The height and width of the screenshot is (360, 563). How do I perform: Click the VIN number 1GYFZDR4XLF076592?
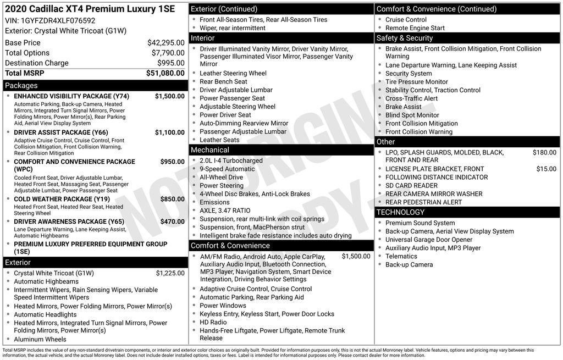point(58,20)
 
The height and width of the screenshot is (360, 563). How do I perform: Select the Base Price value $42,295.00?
point(165,43)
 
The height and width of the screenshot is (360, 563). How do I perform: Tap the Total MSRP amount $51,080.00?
point(165,73)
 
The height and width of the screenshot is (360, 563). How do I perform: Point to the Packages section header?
point(21,86)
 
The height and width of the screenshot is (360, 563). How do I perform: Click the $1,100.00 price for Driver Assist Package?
point(169,132)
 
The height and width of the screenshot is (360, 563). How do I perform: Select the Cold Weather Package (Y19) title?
point(62,199)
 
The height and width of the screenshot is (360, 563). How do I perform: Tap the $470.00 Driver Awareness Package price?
point(172,221)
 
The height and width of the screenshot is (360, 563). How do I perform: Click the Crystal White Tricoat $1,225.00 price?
point(170,273)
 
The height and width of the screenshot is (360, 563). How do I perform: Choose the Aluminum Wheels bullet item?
point(40,339)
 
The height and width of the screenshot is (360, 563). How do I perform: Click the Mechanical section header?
point(209,150)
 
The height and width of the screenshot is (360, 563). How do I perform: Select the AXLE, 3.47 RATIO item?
point(224,211)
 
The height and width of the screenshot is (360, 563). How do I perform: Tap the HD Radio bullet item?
point(213,322)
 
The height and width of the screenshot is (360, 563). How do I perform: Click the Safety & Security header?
point(405,38)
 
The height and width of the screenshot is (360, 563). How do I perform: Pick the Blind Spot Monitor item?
point(412,115)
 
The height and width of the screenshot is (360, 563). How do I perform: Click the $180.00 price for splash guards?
point(544,153)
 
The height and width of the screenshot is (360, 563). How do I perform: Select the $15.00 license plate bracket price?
point(546,169)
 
